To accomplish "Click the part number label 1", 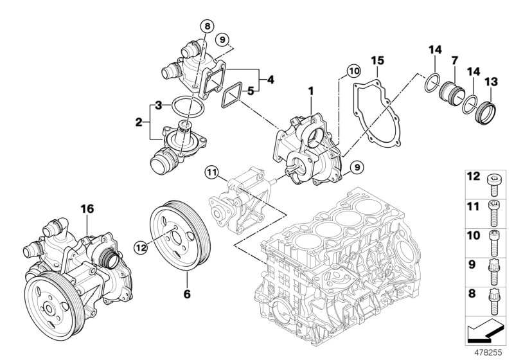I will point(311,91).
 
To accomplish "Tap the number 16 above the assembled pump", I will point(87,208).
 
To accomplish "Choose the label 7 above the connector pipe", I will point(454,60).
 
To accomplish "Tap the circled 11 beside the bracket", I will point(212,172).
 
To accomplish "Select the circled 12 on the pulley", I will point(141,244).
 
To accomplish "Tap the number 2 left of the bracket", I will point(139,120).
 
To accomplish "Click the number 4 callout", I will point(270,80).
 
